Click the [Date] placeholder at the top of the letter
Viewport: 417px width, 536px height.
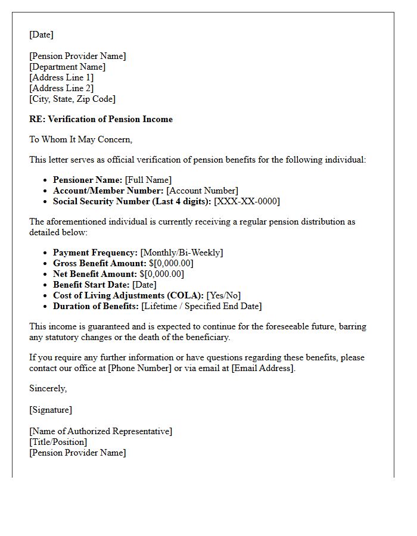41,35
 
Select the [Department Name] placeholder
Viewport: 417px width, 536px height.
67,67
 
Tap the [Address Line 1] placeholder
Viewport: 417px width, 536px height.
61,77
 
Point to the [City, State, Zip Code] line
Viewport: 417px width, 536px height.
72,99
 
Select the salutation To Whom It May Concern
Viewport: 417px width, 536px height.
80,139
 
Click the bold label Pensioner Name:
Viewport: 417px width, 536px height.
88,180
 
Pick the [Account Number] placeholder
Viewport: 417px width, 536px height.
202,191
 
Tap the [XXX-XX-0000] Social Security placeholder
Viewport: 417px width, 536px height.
247,201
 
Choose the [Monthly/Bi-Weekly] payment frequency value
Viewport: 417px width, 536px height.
182,253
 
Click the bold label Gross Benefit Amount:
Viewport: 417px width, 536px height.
99,263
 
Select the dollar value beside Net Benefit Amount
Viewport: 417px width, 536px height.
161,274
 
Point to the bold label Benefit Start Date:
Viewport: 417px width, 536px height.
91,285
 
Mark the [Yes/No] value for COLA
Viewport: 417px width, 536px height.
223,295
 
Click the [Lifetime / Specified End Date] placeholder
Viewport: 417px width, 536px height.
201,306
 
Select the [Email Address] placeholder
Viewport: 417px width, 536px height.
263,368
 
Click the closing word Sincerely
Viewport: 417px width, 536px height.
48,388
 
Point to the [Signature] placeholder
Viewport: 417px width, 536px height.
51,410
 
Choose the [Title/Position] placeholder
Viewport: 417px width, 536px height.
58,442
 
